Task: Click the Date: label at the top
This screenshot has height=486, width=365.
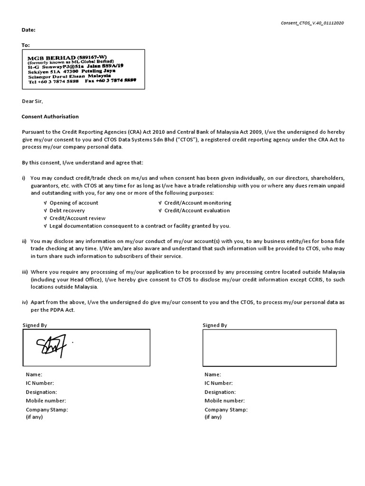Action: [29, 30]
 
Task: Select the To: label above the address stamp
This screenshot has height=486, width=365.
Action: [26, 46]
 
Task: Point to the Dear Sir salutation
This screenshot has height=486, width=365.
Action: [32, 101]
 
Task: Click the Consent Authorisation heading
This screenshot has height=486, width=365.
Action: [50, 116]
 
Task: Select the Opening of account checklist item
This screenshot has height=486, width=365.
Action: [74, 203]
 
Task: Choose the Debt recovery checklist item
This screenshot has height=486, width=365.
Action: [67, 210]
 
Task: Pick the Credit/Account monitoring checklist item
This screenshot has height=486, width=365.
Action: [198, 203]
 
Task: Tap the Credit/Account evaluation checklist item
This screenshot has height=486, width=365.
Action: [197, 210]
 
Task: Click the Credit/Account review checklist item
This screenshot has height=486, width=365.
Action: [77, 218]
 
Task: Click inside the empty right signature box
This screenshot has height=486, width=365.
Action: [269, 348]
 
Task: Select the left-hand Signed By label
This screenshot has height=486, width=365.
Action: [35, 325]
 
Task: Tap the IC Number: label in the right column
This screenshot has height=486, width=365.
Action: [219, 383]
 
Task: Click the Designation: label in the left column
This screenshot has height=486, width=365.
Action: [41, 392]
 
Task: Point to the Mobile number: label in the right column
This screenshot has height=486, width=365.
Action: [225, 401]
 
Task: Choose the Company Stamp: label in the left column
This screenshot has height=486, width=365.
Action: [47, 409]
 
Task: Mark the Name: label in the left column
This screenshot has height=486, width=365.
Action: [34, 374]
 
